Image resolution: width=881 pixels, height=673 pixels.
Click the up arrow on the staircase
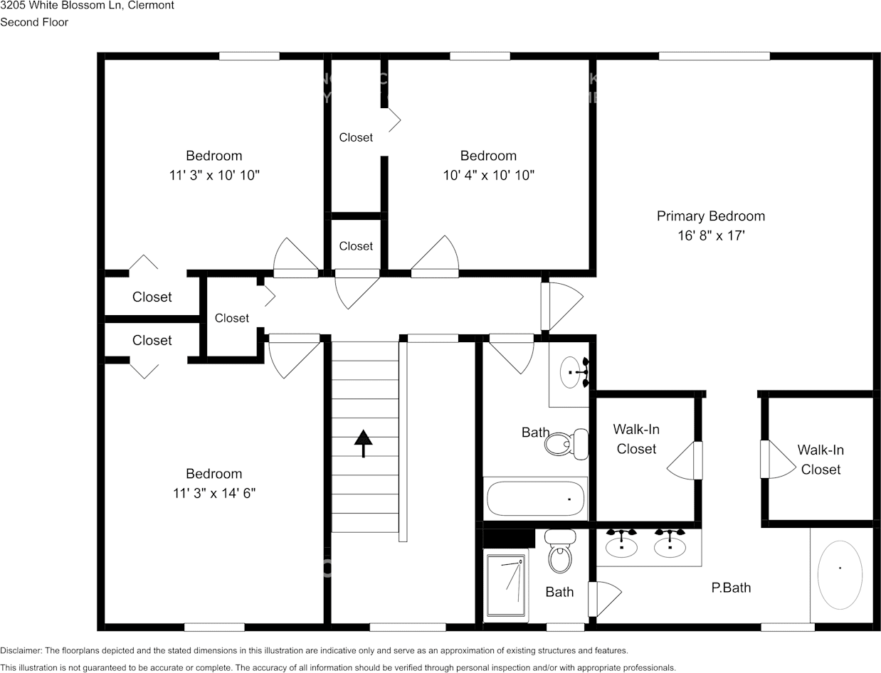tap(364, 443)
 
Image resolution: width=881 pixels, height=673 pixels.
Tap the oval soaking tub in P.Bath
tap(840, 575)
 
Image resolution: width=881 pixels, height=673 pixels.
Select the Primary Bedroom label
tap(710, 216)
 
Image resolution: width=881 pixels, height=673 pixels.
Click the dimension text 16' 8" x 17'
tap(710, 235)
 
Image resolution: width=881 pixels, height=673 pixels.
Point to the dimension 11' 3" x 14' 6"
tap(213, 493)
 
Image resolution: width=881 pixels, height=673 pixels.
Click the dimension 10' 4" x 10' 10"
tap(488, 175)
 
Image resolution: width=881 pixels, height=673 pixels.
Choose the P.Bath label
tap(731, 588)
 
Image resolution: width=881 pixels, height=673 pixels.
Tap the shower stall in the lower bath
tap(507, 587)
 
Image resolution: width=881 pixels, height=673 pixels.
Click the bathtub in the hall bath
tap(536, 499)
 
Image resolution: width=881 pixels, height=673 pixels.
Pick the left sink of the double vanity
tap(621, 546)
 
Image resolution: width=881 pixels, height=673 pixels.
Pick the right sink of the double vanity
tap(670, 546)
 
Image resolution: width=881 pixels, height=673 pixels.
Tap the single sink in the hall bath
tap(571, 372)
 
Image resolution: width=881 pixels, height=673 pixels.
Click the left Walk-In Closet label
tap(636, 439)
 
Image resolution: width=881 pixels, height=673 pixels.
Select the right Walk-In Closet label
tap(820, 460)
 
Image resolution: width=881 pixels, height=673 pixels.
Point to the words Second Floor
tap(34, 22)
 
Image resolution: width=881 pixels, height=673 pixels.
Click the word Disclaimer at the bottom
tap(21, 650)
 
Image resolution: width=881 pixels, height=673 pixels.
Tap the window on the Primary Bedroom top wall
tap(714, 56)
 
